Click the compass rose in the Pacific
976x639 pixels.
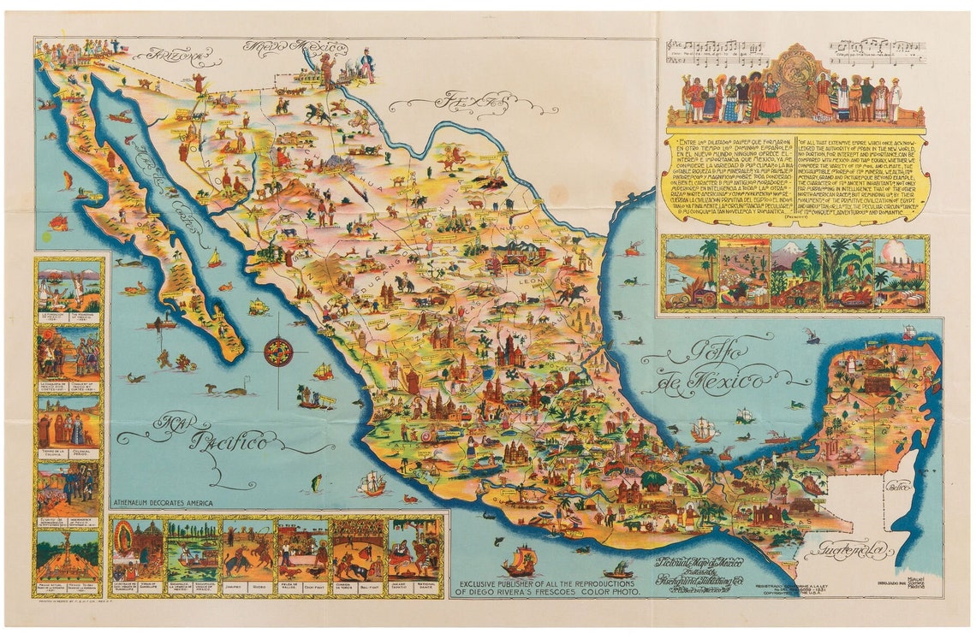279,352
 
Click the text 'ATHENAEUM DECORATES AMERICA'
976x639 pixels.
163,504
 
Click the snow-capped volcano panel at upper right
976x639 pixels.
795,273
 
